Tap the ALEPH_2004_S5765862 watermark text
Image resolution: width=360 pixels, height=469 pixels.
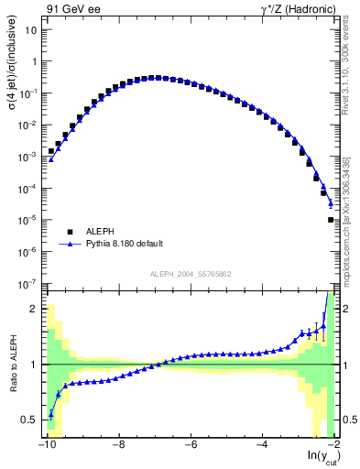click(189, 274)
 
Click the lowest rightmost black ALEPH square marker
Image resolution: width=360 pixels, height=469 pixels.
click(331, 220)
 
